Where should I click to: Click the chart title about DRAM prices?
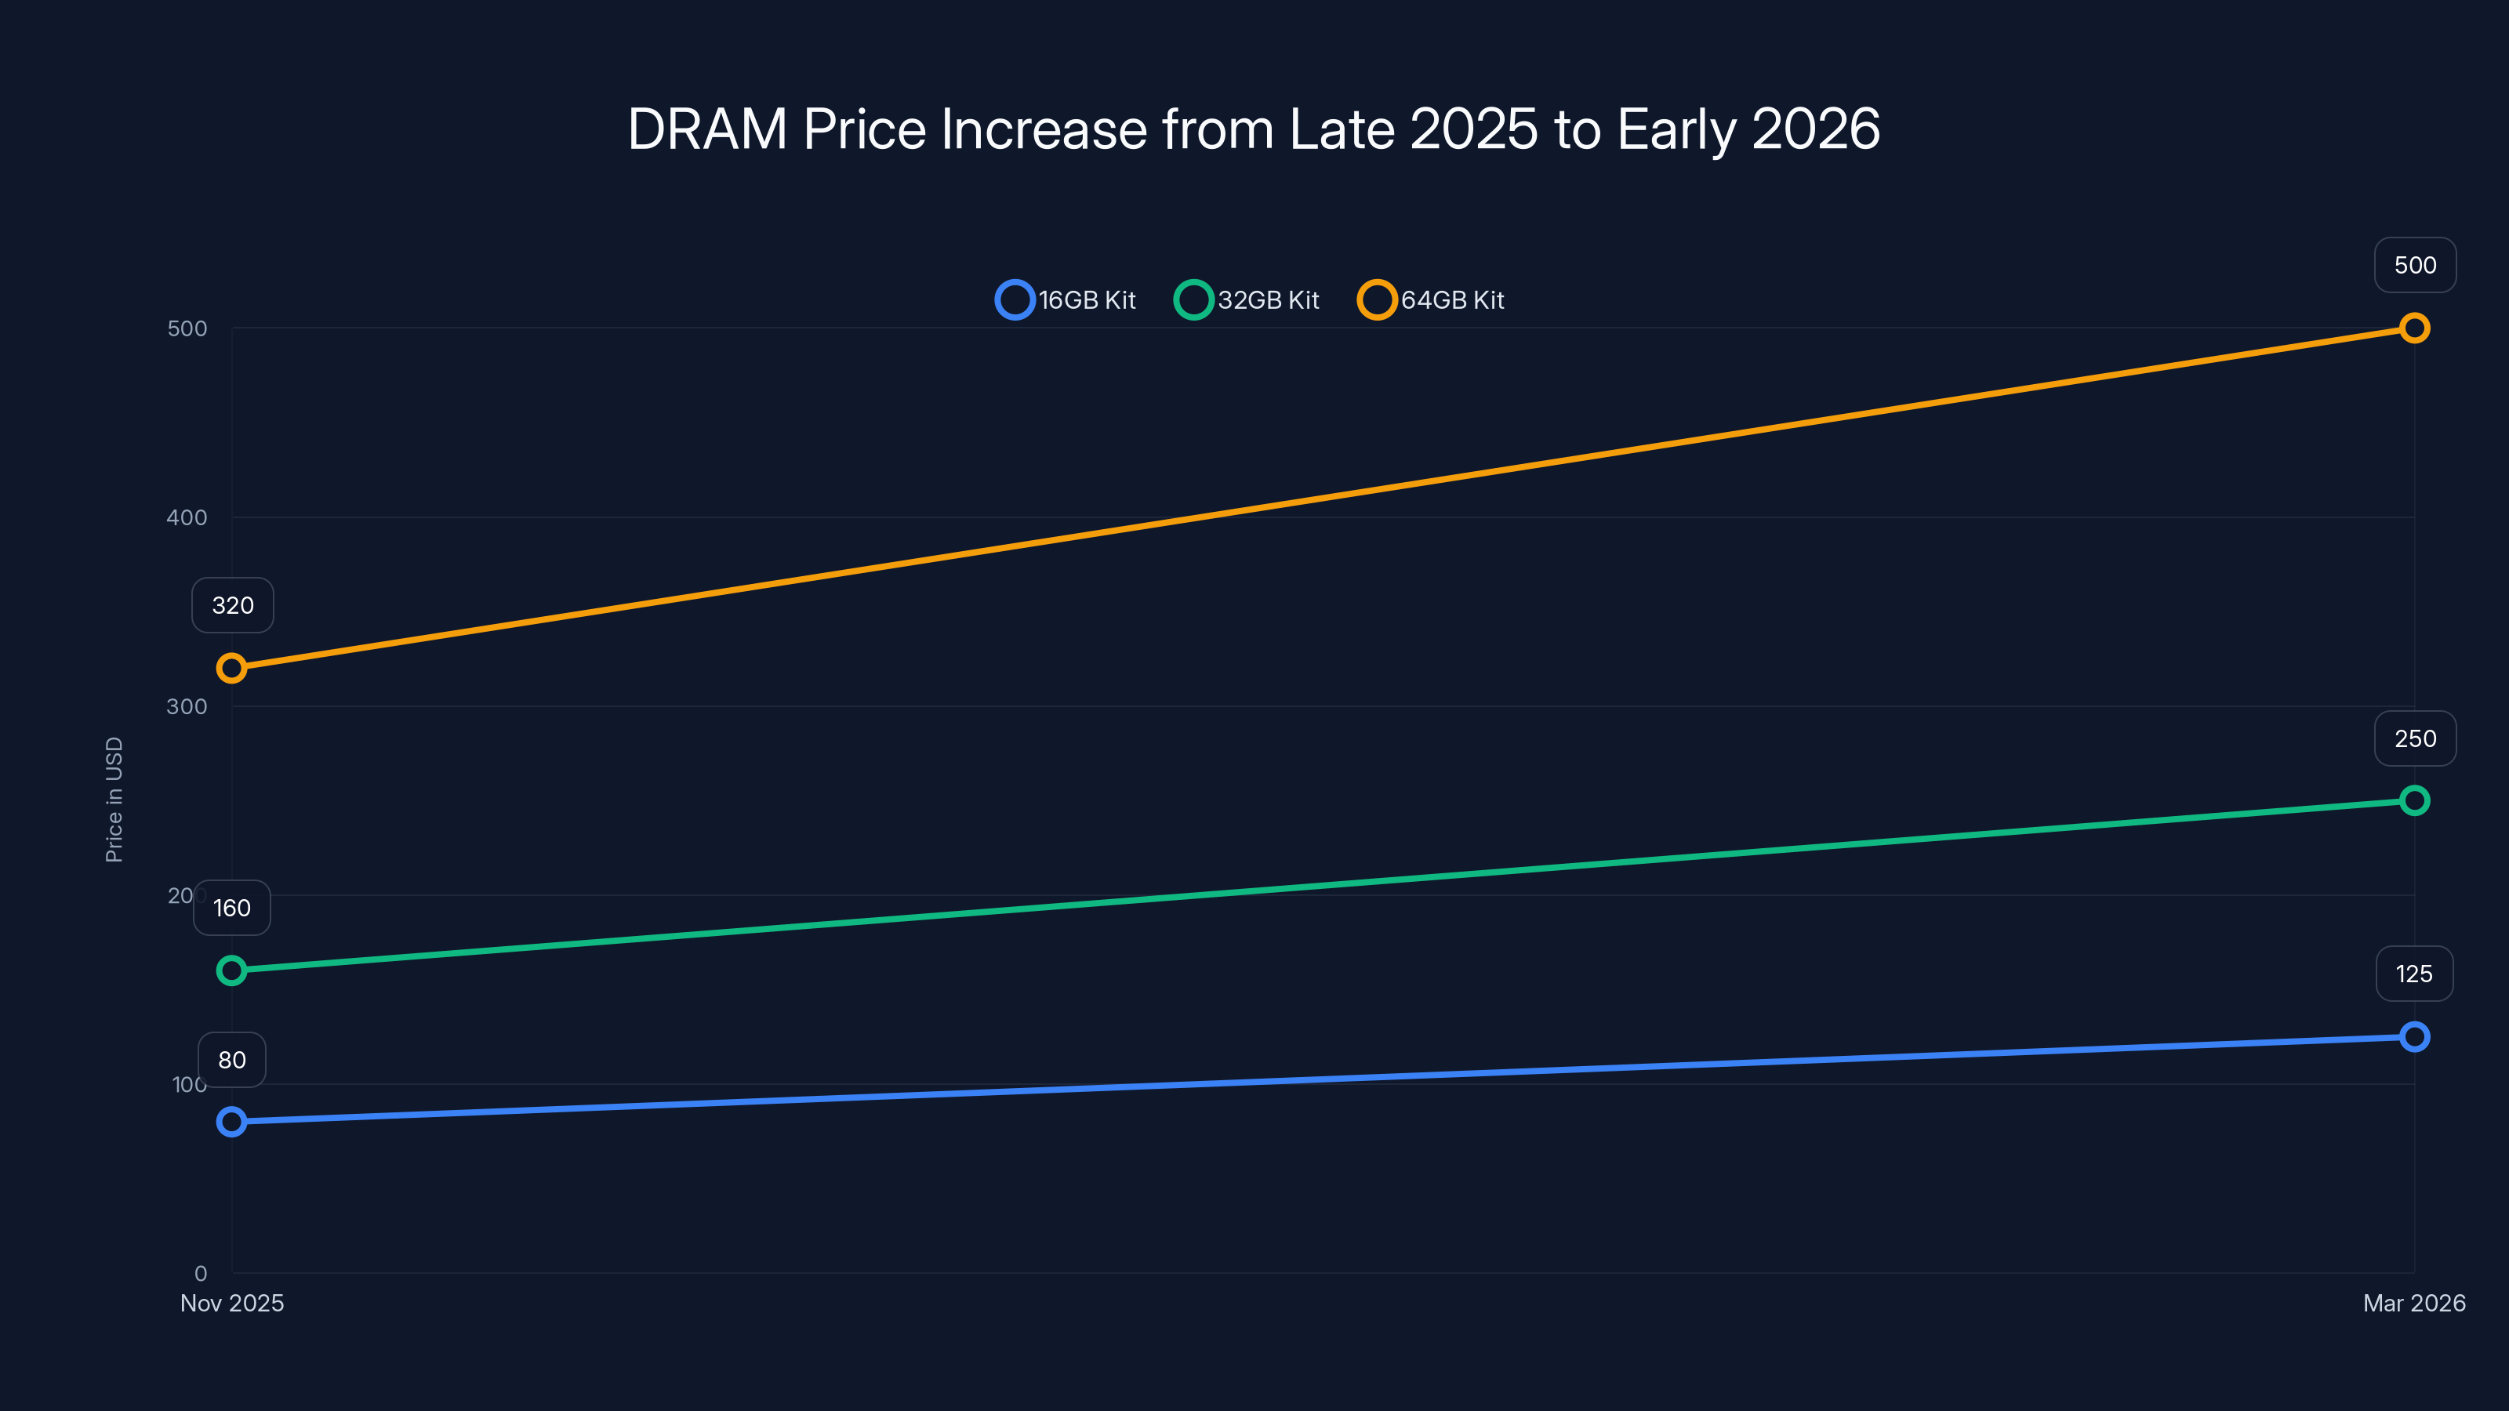1254,129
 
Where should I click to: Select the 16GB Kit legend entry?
1066,300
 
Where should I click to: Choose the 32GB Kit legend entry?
1247,300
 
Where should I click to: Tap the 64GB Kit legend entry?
1432,300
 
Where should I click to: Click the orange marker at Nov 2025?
232,668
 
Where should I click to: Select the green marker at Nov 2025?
232,970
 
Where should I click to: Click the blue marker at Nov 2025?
232,1122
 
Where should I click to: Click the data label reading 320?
233,606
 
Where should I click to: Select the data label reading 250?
2415,739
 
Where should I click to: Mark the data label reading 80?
232,1060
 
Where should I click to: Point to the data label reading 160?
232,908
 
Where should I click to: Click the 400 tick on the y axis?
187,517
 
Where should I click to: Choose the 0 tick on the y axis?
201,1273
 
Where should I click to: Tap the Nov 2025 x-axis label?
232,1303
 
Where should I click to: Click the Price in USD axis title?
114,799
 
